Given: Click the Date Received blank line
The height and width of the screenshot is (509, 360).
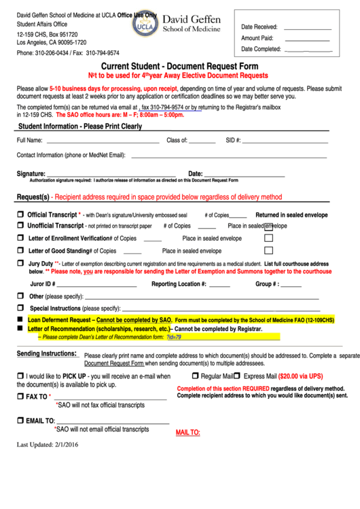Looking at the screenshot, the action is point(308,29).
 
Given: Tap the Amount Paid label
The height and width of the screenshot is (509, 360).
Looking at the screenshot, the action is point(257,38).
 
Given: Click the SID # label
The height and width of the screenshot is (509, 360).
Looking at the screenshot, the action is point(233,140).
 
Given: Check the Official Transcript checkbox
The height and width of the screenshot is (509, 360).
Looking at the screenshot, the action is point(20,215).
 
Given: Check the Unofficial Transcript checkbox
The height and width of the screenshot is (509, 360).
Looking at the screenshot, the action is point(20,226).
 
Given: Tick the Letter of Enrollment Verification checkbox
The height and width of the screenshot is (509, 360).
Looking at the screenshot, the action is point(20,239).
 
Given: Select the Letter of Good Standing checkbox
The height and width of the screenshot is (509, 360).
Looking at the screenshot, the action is point(20,251).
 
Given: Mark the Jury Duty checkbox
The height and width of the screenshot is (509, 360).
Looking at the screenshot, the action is point(20,263).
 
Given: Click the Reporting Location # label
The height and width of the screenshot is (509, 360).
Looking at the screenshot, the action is point(179,284).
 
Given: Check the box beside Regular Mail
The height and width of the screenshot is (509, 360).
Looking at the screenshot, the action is point(195,376).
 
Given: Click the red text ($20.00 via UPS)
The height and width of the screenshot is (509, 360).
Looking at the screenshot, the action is point(293,376).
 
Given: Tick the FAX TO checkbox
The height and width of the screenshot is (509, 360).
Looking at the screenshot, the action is point(20,396).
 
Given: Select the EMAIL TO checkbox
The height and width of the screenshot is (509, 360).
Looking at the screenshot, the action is point(20,421).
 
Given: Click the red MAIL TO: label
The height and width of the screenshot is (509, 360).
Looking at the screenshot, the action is point(187,432).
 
